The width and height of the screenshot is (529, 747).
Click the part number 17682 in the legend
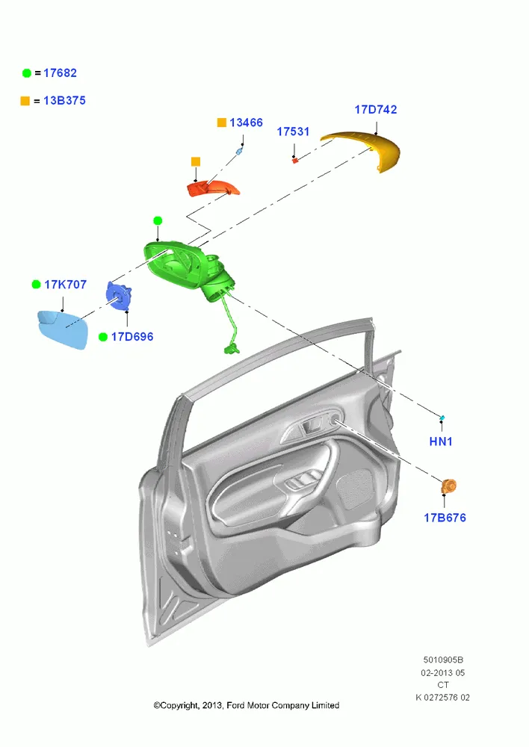(60, 73)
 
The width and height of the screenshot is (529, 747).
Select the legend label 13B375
(64, 101)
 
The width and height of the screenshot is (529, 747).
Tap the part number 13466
(246, 123)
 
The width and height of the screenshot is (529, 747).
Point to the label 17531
(293, 131)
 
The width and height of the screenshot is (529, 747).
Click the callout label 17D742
(376, 110)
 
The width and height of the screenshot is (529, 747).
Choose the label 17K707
(65, 285)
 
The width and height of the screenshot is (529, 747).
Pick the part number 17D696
(132, 337)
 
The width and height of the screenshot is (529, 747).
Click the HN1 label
(441, 441)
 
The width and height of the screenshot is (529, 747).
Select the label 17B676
(445, 518)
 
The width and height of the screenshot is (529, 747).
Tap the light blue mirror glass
(63, 329)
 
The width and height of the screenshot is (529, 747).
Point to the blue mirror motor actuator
(118, 295)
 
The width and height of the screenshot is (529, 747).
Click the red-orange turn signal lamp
(212, 188)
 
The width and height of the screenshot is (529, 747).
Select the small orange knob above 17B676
(448, 487)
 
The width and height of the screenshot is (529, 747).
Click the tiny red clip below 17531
(295, 161)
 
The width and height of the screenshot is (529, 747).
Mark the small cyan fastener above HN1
(442, 418)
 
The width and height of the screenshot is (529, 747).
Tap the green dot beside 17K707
(36, 285)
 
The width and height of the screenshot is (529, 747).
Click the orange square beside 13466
(222, 123)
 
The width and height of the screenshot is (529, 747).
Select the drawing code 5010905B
(443, 660)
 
